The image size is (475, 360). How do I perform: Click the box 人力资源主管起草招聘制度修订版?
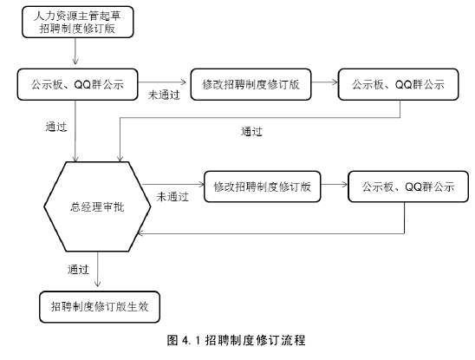point(77,22)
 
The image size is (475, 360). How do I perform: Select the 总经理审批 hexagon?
point(97,206)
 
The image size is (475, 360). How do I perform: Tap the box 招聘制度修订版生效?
point(100,306)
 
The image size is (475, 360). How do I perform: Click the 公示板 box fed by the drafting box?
point(77,84)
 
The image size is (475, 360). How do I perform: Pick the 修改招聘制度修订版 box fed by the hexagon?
point(263,187)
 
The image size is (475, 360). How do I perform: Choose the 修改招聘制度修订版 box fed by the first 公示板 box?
point(251,84)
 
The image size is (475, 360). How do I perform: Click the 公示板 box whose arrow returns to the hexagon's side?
point(408,187)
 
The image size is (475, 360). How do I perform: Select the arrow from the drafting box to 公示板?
point(75,51)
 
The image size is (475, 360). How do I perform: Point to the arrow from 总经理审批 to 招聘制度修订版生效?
point(97,269)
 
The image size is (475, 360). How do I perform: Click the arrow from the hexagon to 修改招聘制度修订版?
point(173,184)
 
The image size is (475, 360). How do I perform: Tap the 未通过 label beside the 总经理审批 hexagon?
point(172,197)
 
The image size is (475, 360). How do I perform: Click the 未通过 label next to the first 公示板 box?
point(164,95)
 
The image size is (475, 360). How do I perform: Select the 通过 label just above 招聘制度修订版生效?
point(78,269)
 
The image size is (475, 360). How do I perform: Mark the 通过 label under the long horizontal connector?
point(251,132)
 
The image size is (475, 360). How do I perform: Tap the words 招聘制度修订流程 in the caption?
point(255,340)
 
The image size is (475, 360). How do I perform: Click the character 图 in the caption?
point(172,340)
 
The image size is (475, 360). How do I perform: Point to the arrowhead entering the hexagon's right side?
point(140,233)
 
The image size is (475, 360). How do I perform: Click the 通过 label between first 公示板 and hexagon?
point(56,127)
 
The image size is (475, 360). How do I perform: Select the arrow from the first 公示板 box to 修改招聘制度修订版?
point(162,82)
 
